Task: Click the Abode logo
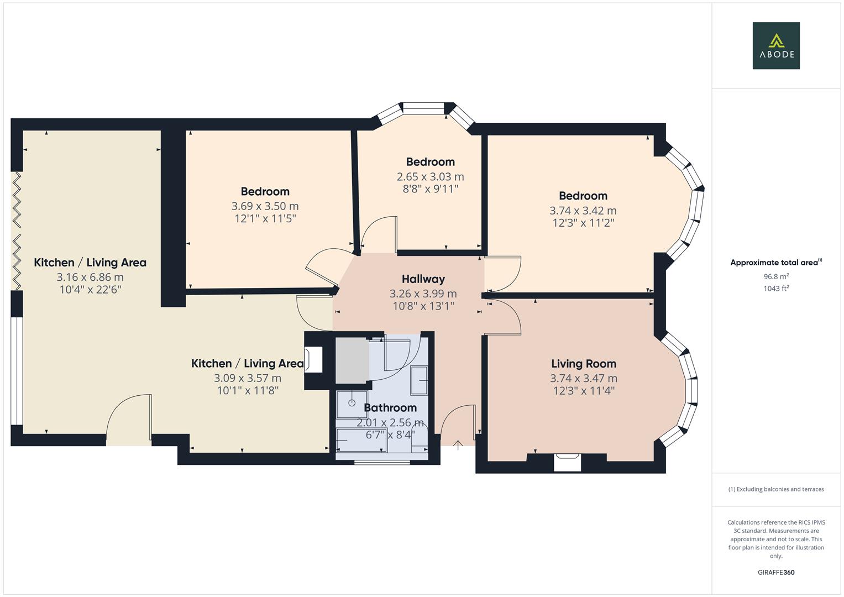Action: pyautogui.click(x=775, y=45)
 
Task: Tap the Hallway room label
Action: pyautogui.click(x=423, y=279)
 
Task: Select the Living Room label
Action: pyautogui.click(x=583, y=364)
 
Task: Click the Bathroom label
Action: pyautogui.click(x=390, y=408)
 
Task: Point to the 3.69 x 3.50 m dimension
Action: pyautogui.click(x=265, y=206)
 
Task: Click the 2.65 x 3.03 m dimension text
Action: pyautogui.click(x=430, y=177)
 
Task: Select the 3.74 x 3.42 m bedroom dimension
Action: pyautogui.click(x=583, y=211)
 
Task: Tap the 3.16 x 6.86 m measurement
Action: pyautogui.click(x=90, y=277)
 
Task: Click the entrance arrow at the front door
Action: pyautogui.click(x=458, y=445)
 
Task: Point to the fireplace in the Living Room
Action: pyautogui.click(x=567, y=462)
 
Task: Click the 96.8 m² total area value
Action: pyautogui.click(x=775, y=276)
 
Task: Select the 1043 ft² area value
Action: pyautogui.click(x=775, y=288)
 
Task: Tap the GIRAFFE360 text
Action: pyautogui.click(x=775, y=572)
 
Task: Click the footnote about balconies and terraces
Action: pyautogui.click(x=775, y=489)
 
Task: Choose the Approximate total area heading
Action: pyautogui.click(x=775, y=263)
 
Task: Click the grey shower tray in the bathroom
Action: pyautogui.click(x=352, y=360)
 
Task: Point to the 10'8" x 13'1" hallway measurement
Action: pyautogui.click(x=423, y=306)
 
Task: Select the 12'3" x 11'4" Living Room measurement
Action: pyautogui.click(x=583, y=391)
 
